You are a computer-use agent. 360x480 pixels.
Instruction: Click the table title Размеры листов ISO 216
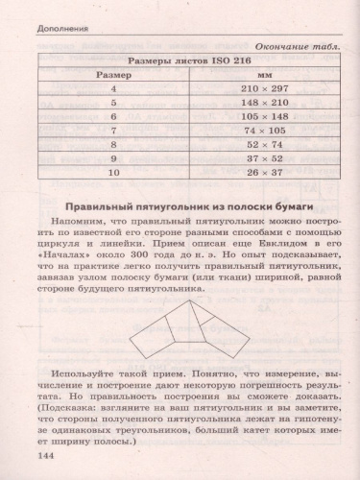click(x=188, y=58)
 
